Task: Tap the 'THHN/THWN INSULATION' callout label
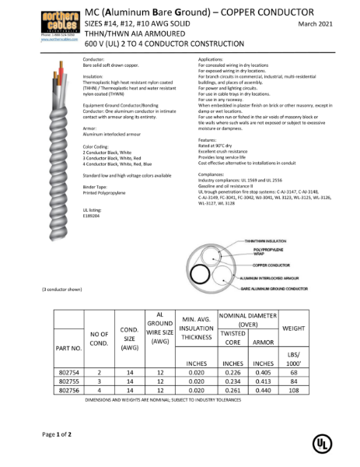(264, 242)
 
